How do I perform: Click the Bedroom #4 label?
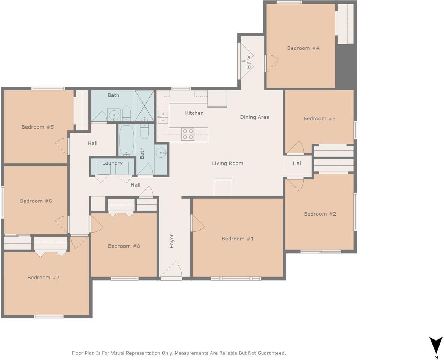click(x=303, y=48)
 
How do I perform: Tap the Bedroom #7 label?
click(x=43, y=277)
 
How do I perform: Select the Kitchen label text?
click(x=194, y=113)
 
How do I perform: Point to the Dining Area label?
click(x=254, y=117)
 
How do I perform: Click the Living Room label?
click(x=228, y=163)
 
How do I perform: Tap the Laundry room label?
click(x=112, y=163)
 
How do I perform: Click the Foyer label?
click(x=172, y=241)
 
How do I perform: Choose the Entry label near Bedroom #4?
click(x=249, y=62)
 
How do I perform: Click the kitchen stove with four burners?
click(x=188, y=134)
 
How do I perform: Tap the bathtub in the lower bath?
click(x=126, y=141)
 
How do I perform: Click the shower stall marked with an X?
click(x=144, y=106)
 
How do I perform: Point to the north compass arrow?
click(x=436, y=345)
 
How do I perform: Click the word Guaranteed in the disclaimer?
click(x=272, y=353)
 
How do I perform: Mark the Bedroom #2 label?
click(x=320, y=214)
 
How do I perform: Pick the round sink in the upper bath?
click(x=114, y=115)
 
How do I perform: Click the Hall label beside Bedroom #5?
click(x=93, y=143)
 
